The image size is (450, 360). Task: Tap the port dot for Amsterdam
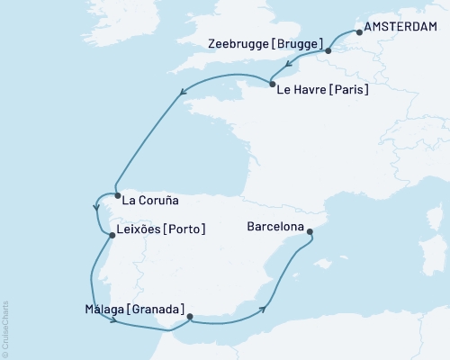click(x=360, y=32)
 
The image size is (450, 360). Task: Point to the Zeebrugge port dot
click(x=328, y=50)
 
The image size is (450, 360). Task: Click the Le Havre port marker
click(x=273, y=85)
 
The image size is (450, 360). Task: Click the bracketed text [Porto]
click(x=186, y=229)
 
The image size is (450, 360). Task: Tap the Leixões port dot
click(x=112, y=236)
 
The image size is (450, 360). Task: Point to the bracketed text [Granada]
click(x=157, y=309)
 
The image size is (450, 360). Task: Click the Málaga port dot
click(x=189, y=316)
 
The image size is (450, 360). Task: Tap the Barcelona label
click(x=275, y=228)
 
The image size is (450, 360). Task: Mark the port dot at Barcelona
click(x=310, y=232)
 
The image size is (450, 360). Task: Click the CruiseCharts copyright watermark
click(x=5, y=328)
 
